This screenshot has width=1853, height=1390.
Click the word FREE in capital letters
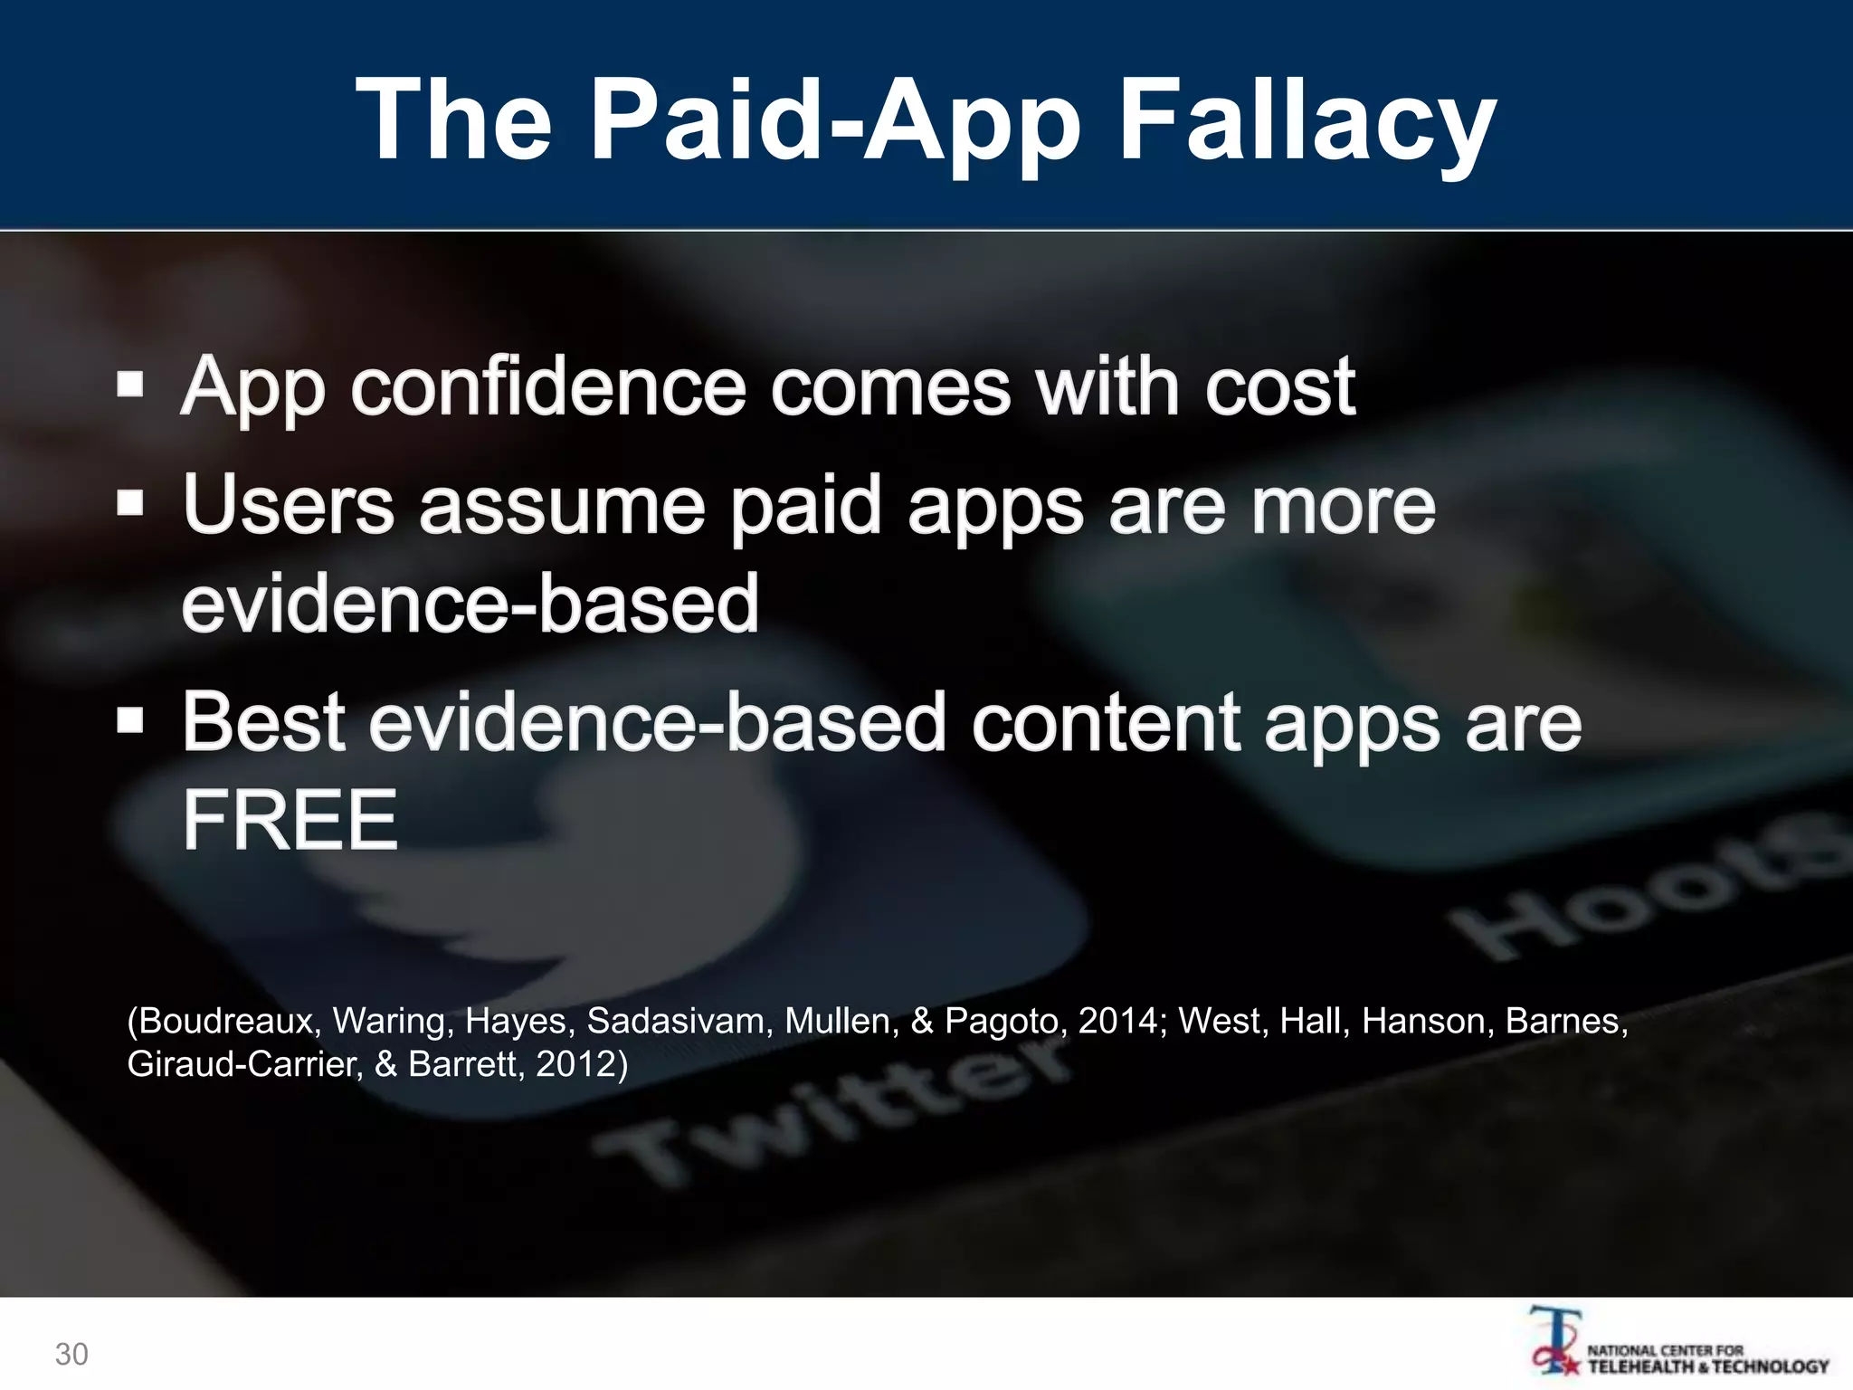(290, 819)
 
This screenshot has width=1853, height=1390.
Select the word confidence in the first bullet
(548, 386)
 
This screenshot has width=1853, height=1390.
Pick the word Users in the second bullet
(289, 504)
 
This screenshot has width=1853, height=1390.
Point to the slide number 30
(71, 1354)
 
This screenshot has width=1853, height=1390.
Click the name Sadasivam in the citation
(676, 1021)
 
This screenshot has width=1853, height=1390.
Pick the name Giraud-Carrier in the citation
(244, 1063)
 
